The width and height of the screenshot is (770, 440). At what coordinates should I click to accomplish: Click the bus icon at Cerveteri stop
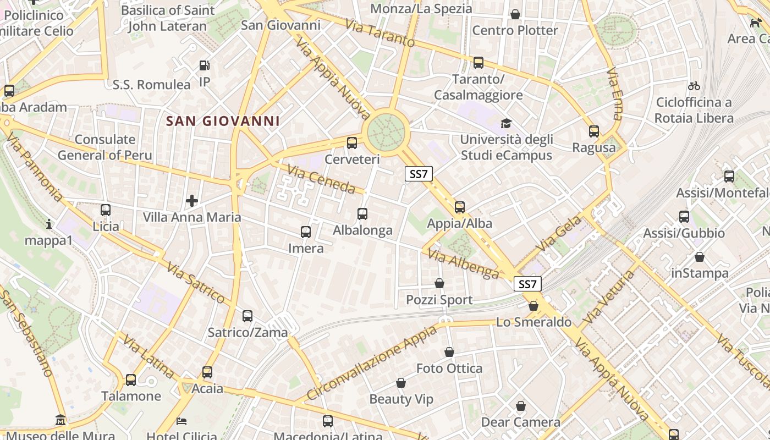pos(352,143)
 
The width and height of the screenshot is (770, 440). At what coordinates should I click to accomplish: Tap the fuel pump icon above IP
pos(204,65)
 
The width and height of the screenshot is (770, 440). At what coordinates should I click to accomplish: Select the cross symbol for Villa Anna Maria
pos(192,201)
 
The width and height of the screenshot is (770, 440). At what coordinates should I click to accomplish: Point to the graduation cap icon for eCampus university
pos(505,123)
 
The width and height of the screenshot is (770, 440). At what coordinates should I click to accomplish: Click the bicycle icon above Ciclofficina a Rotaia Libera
pos(694,86)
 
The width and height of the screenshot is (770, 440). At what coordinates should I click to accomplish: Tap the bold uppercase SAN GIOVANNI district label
pos(223,121)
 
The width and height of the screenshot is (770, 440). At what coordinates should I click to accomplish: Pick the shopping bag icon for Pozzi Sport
pos(439,283)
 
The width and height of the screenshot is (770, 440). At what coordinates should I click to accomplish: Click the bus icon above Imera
pos(306,232)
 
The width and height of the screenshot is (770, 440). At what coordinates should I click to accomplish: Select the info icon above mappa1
pos(49,224)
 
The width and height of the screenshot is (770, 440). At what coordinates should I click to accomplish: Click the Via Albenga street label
pos(463,263)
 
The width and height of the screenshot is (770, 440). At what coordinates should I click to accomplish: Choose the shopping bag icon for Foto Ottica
pos(449,352)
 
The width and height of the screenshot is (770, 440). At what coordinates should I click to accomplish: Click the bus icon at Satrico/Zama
pos(248,316)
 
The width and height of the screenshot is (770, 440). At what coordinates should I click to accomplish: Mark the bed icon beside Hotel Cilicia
pos(182,421)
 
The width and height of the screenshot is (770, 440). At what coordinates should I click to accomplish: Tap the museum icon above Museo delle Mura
pos(61,420)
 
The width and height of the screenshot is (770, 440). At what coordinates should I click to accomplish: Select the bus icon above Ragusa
pos(594,131)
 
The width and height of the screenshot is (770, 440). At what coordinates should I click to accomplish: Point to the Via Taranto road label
pos(380,33)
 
